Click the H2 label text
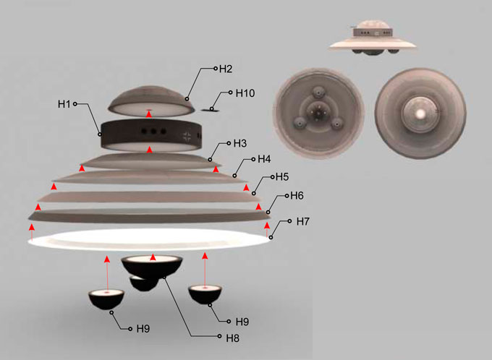pos(226,69)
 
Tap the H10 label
pos(245,93)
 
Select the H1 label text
pos(64,104)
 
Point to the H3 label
pos(240,143)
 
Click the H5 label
pos(282,177)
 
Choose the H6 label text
pos(297,196)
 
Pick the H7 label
pos(302,221)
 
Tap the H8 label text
pos(232,338)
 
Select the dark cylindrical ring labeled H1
pos(150,135)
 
